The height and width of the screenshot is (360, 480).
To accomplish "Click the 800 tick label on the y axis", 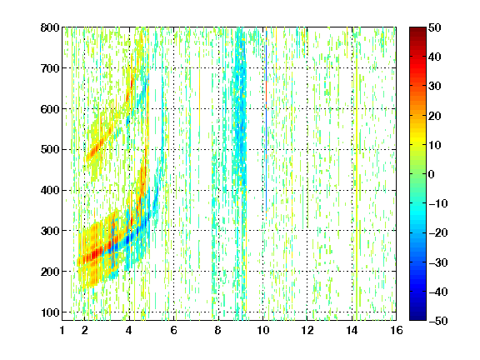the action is click(50, 27).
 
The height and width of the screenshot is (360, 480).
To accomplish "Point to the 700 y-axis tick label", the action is click(50, 68).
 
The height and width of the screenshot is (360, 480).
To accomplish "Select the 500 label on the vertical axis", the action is click(50, 150).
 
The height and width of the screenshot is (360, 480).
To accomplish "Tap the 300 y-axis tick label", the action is click(50, 231).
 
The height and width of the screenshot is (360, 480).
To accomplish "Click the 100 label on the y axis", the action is click(50, 312).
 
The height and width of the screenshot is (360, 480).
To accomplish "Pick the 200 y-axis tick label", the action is click(50, 272).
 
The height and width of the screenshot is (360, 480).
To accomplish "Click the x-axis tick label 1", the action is click(62, 330).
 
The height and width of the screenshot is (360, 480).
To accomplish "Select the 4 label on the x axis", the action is click(129, 330).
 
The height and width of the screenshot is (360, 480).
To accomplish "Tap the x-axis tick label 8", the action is click(218, 330).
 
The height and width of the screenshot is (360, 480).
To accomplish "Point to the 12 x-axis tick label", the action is click(307, 330).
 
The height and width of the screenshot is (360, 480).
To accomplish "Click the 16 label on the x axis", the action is click(397, 330).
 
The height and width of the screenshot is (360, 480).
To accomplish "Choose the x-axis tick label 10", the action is click(262, 330).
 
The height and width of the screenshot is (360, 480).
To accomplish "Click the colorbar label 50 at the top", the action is click(435, 27).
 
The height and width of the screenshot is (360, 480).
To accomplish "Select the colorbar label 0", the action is click(432, 174).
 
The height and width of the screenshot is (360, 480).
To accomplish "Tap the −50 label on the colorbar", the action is click(438, 321).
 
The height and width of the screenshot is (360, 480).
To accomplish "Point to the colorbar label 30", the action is click(435, 87).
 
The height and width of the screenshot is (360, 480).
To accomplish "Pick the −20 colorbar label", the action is click(438, 233).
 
